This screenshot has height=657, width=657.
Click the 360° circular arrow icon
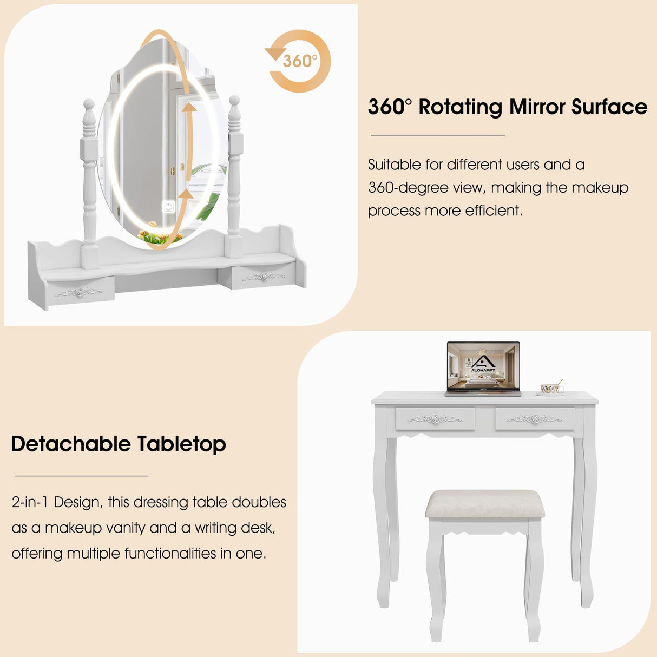click(x=299, y=61)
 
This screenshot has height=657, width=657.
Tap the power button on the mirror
click(x=169, y=206)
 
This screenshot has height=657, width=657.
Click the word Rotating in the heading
click(x=460, y=107)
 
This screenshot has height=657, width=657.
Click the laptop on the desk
click(x=483, y=367)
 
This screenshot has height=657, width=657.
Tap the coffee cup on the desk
click(x=551, y=388)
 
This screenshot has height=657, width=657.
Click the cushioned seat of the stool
click(x=484, y=504)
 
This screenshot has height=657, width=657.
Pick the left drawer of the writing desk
click(x=435, y=419)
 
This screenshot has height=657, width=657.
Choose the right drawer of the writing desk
click(x=535, y=419)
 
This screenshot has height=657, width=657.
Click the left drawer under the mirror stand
click(x=80, y=292)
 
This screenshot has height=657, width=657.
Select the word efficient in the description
click(x=493, y=211)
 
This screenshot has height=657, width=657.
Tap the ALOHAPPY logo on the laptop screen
click(x=483, y=364)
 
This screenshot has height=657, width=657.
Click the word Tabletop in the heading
click(x=181, y=444)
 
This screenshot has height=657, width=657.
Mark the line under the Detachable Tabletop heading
click(x=81, y=476)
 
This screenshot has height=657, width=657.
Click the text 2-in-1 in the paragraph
click(x=30, y=502)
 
